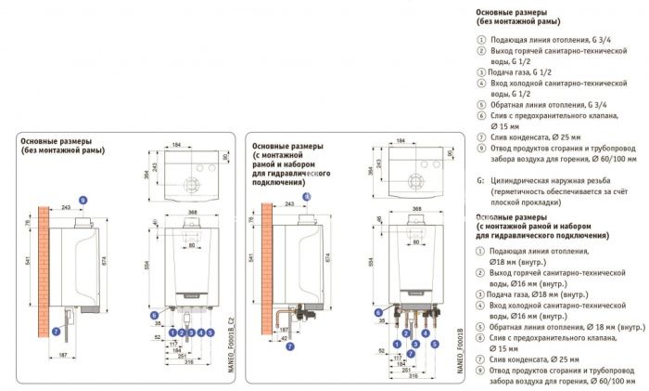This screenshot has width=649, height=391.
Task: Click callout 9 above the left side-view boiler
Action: tap(83, 200)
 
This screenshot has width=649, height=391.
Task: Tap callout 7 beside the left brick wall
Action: tap(55, 329)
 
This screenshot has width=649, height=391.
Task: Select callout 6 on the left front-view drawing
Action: tap(154, 315)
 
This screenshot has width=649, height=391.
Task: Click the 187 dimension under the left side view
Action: tap(61, 356)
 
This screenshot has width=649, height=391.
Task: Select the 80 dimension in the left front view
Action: tap(196, 244)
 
